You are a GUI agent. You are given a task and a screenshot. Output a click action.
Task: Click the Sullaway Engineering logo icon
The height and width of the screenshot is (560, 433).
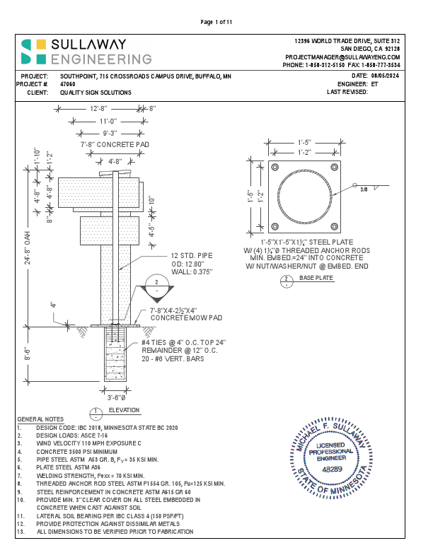(x=34, y=51)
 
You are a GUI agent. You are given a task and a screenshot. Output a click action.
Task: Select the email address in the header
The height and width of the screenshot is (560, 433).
(x=342, y=57)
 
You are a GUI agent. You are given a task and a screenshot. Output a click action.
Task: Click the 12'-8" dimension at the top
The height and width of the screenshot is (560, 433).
(x=99, y=109)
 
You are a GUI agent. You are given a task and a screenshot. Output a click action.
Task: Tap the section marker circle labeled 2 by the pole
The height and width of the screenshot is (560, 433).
(x=156, y=286)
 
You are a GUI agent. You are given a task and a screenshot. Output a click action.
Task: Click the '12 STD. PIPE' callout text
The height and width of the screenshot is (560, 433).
(x=195, y=256)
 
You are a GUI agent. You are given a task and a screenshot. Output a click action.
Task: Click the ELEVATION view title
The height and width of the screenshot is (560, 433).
(x=124, y=410)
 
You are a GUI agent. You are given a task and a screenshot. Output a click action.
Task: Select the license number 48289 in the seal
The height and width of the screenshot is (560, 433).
(x=331, y=469)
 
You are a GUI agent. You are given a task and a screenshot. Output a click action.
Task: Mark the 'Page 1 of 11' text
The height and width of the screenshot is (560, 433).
(x=216, y=22)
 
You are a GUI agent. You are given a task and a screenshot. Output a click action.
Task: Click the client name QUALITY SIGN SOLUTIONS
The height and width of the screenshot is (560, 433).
(x=96, y=93)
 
